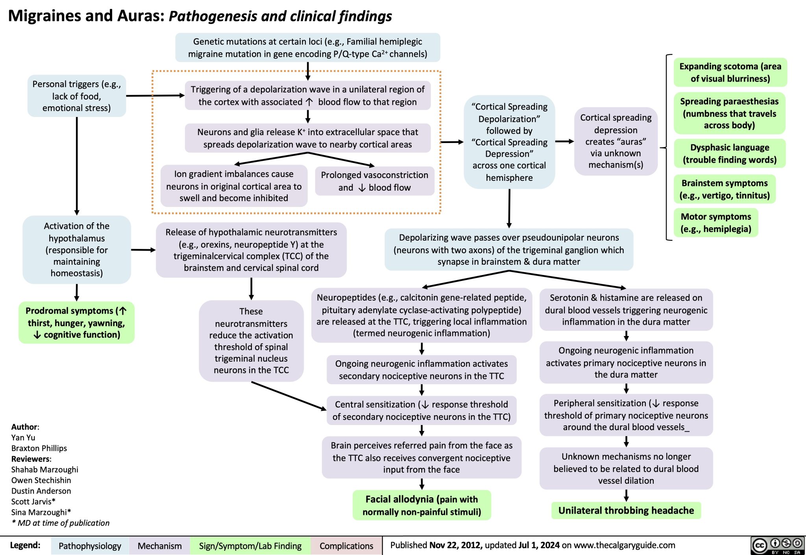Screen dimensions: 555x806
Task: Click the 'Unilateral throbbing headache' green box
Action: (x=626, y=510)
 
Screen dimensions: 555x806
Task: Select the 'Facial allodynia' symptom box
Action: (x=421, y=505)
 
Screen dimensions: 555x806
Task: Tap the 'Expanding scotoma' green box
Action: (x=730, y=72)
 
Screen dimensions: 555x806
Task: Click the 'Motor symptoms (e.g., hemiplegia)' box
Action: (x=716, y=223)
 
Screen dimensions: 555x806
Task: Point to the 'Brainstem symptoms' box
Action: (x=725, y=189)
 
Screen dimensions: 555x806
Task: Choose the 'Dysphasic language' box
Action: (x=730, y=153)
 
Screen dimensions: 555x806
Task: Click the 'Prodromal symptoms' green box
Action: (x=76, y=323)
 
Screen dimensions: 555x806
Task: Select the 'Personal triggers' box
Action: (x=77, y=96)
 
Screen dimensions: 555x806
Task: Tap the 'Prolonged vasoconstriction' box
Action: (x=374, y=181)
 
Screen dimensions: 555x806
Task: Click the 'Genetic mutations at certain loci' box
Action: (x=307, y=48)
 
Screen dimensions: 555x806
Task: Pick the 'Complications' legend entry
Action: (x=346, y=546)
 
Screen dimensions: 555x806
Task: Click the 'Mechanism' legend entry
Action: (x=159, y=546)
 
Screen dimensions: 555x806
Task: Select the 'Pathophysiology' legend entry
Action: (x=90, y=546)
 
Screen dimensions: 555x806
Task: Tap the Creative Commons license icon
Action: (x=777, y=545)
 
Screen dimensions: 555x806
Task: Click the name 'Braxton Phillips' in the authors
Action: (x=39, y=448)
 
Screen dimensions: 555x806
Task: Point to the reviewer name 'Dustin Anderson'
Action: (x=41, y=491)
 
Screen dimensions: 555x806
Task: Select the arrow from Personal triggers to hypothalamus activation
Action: (x=77, y=165)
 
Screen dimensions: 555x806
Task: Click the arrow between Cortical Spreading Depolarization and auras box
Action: (x=564, y=141)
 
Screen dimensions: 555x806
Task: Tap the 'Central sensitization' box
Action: (x=421, y=410)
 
